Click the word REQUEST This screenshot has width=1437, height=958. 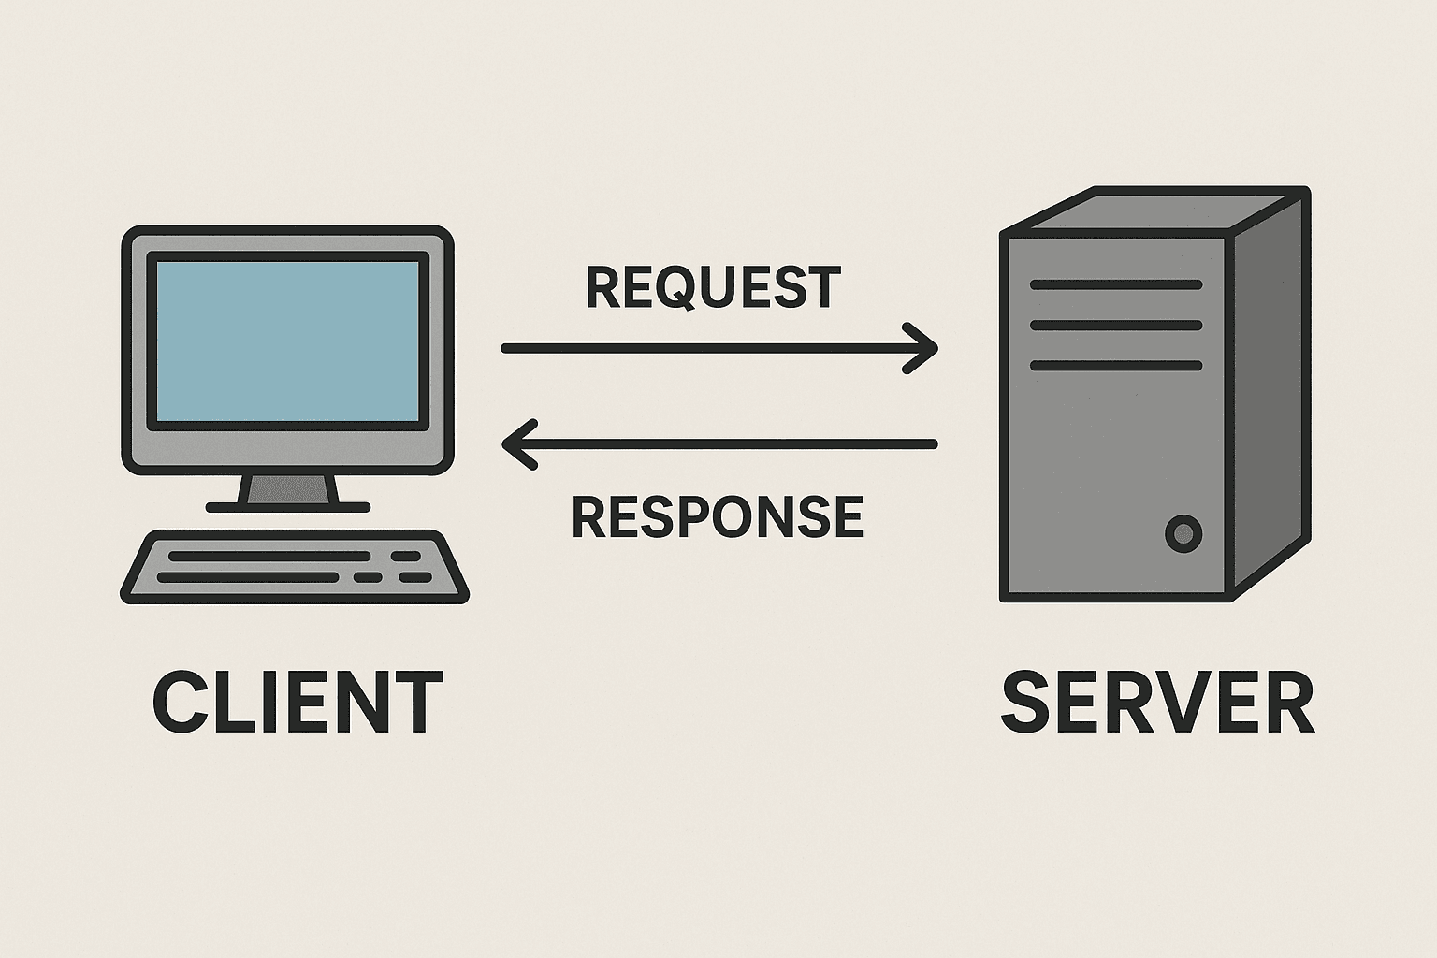tap(713, 287)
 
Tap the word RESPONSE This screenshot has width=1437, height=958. tap(717, 516)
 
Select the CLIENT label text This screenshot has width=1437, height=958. tap(297, 703)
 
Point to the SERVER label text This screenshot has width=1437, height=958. tap(1157, 703)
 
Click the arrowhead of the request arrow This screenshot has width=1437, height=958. tap(924, 348)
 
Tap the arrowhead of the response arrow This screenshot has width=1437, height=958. tap(515, 443)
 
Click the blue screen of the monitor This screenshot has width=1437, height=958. tap(287, 341)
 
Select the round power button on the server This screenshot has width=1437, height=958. tap(1183, 534)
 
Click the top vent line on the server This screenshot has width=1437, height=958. tap(1115, 284)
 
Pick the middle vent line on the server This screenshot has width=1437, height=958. tap(1115, 326)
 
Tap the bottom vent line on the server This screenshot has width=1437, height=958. tap(1115, 366)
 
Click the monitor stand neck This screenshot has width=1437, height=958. tap(288, 489)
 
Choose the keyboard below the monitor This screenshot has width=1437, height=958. tap(295, 567)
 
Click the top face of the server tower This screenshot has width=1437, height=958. tap(1156, 210)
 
